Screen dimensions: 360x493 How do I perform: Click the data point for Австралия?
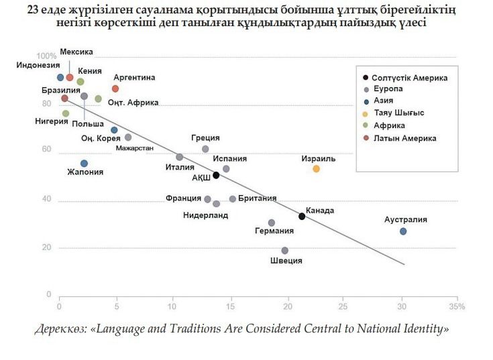point(403,231)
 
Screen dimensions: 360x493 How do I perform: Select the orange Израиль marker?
point(317,169)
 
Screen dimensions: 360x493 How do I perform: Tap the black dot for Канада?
point(302,216)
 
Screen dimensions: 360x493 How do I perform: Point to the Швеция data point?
point(285,251)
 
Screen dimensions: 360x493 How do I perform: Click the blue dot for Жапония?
point(84,164)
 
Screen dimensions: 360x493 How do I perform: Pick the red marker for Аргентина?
point(115,88)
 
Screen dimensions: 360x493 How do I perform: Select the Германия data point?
point(272,223)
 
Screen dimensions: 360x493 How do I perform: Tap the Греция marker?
point(205,149)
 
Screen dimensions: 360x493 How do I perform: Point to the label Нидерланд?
point(205,215)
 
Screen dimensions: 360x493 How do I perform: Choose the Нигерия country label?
point(52,121)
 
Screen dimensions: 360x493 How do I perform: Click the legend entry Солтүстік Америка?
point(409,78)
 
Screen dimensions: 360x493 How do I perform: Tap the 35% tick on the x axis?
point(457,306)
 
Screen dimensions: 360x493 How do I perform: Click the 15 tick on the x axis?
point(231,306)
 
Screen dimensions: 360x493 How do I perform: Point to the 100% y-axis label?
point(46,56)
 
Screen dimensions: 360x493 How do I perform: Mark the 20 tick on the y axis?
point(48,248)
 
